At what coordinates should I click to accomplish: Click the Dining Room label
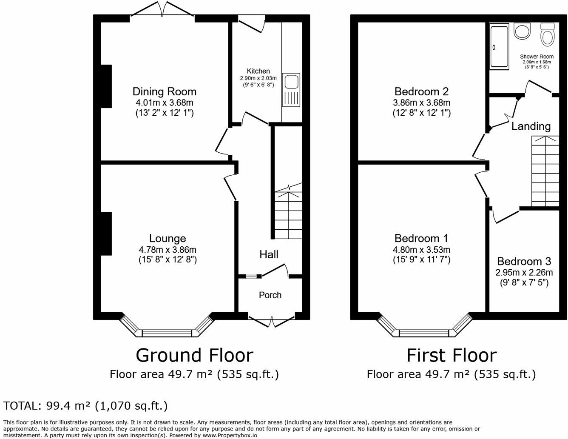pyautogui.click(x=164, y=91)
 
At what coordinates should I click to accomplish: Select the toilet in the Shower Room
pyautogui.click(x=547, y=34)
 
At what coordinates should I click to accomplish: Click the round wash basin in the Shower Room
pyautogui.click(x=523, y=31)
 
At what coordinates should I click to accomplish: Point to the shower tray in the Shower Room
pyautogui.click(x=499, y=47)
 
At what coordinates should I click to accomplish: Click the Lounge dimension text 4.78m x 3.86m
pyautogui.click(x=167, y=250)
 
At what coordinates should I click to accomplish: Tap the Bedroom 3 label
pyautogui.click(x=524, y=261)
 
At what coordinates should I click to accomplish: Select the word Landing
pyautogui.click(x=531, y=126)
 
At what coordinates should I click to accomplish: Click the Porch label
pyautogui.click(x=270, y=295)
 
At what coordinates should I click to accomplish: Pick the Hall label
pyautogui.click(x=269, y=254)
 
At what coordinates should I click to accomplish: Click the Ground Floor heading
pyautogui.click(x=194, y=355)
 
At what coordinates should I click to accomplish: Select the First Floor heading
pyautogui.click(x=451, y=355)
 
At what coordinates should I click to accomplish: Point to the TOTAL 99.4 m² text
pyautogui.click(x=85, y=405)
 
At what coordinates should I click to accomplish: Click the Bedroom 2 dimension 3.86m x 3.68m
pyautogui.click(x=421, y=103)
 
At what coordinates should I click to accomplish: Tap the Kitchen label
pyautogui.click(x=258, y=71)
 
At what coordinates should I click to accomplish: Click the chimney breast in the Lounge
pyautogui.click(x=106, y=234)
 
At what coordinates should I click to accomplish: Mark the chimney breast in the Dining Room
pyautogui.click(x=106, y=86)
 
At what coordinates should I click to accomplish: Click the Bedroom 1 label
pyautogui.click(x=421, y=238)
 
